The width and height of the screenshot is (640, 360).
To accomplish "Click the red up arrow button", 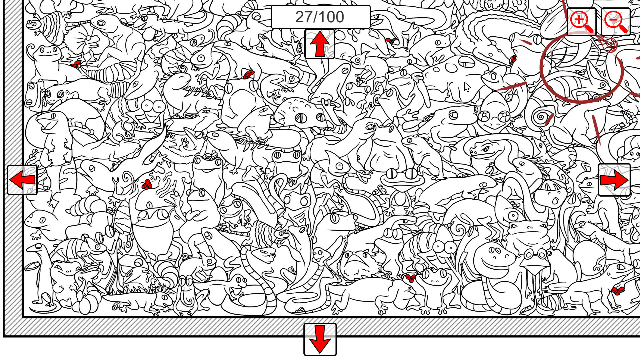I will tap(319, 44).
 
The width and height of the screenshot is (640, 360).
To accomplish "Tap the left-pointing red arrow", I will tap(22, 180).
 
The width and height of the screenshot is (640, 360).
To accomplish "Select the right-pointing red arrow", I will tap(614, 180).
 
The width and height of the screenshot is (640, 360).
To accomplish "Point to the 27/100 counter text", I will tap(320, 17).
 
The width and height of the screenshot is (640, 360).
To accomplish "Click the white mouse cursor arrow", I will tap(466, 87).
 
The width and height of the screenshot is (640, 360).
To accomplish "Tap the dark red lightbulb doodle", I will tap(609, 44).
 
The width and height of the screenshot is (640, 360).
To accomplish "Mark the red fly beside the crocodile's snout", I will tap(513, 60).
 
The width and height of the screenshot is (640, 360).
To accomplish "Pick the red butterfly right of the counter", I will tap(391, 41).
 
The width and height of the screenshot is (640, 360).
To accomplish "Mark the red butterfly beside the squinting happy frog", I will tap(411, 278).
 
